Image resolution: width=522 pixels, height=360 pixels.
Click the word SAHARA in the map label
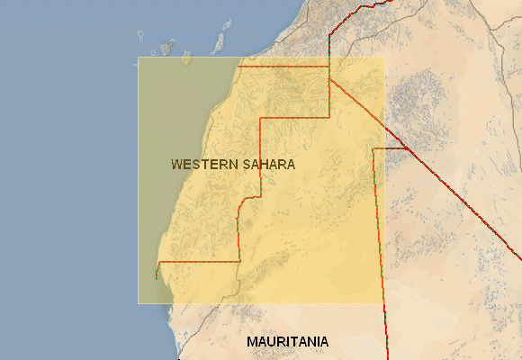click(x=266, y=165)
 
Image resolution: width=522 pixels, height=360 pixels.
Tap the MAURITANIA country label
click(x=287, y=342)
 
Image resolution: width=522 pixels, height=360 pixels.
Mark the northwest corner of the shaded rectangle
click(x=138, y=58)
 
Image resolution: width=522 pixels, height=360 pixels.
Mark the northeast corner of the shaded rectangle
click(x=384, y=58)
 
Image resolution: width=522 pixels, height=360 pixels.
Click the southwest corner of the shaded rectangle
click(x=138, y=303)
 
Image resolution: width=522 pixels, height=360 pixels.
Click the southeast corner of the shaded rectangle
click(x=384, y=303)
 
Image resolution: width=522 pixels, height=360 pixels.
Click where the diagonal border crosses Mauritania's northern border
click(x=405, y=148)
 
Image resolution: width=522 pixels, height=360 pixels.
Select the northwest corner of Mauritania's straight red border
click(x=373, y=148)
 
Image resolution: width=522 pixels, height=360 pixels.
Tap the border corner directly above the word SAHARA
click(x=261, y=117)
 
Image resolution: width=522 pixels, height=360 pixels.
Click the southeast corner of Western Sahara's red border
click(x=240, y=262)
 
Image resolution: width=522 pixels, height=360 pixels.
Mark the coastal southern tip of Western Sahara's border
click(x=156, y=279)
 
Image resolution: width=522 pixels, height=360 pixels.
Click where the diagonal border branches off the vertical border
click(x=329, y=77)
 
